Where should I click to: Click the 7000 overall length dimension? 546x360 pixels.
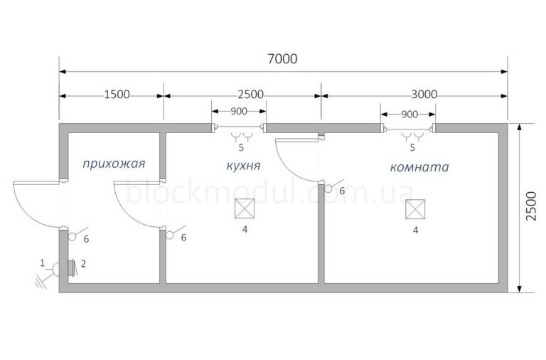pyautogui.click(x=282, y=59)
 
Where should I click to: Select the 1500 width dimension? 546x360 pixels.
pyautogui.click(x=117, y=95)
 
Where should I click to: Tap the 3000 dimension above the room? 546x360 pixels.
pyautogui.click(x=424, y=95)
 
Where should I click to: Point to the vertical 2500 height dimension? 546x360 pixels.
pyautogui.click(x=531, y=206)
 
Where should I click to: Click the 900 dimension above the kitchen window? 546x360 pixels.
pyautogui.click(x=239, y=112)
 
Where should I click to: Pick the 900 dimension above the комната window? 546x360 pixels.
pyautogui.click(x=409, y=115)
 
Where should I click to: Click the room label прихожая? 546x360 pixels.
pyautogui.click(x=114, y=164)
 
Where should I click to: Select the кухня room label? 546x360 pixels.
pyautogui.click(x=243, y=166)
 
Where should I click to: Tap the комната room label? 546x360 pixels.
pyautogui.click(x=419, y=167)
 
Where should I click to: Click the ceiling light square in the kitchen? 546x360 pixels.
pyautogui.click(x=245, y=208)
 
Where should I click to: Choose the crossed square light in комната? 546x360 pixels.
pyautogui.click(x=415, y=209)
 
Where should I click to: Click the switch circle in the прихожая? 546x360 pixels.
pyautogui.click(x=72, y=237)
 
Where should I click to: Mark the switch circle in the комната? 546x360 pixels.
pyautogui.click(x=328, y=189)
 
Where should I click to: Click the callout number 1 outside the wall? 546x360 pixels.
pyautogui.click(x=43, y=263)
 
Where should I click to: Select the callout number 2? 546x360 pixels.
pyautogui.click(x=83, y=264)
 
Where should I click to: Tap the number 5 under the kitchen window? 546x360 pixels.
pyautogui.click(x=241, y=148)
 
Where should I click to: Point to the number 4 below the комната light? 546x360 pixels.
pyautogui.click(x=415, y=231)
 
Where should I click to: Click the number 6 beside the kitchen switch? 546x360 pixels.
pyautogui.click(x=184, y=238)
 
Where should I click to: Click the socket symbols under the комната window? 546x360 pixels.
pyautogui.click(x=412, y=137)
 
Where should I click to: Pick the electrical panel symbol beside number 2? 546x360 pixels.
pyautogui.click(x=71, y=268)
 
